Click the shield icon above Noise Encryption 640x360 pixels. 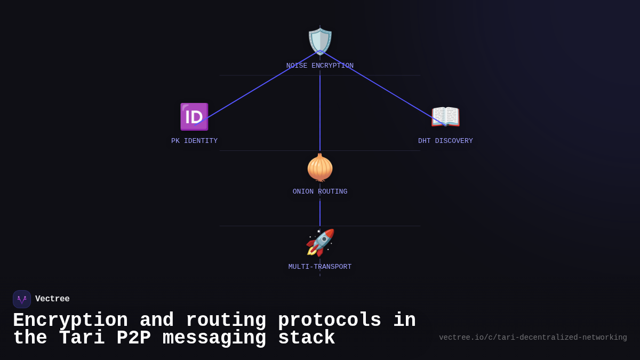point(320,42)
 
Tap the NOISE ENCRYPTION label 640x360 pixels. point(320,66)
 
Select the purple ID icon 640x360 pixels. point(194,117)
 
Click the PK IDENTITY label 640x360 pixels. point(194,141)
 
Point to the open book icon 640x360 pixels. point(445,117)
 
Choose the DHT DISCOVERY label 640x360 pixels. point(445,141)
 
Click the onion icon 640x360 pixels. point(320,167)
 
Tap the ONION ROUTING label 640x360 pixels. point(320,192)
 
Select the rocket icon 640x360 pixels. point(320,243)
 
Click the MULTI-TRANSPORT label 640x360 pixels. point(320,267)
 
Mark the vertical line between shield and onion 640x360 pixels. point(320,112)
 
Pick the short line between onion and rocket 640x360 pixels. point(320,213)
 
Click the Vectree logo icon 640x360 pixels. point(22,299)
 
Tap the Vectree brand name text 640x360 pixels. point(52,299)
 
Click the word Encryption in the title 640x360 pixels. point(70,321)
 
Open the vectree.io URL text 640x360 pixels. point(533,338)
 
